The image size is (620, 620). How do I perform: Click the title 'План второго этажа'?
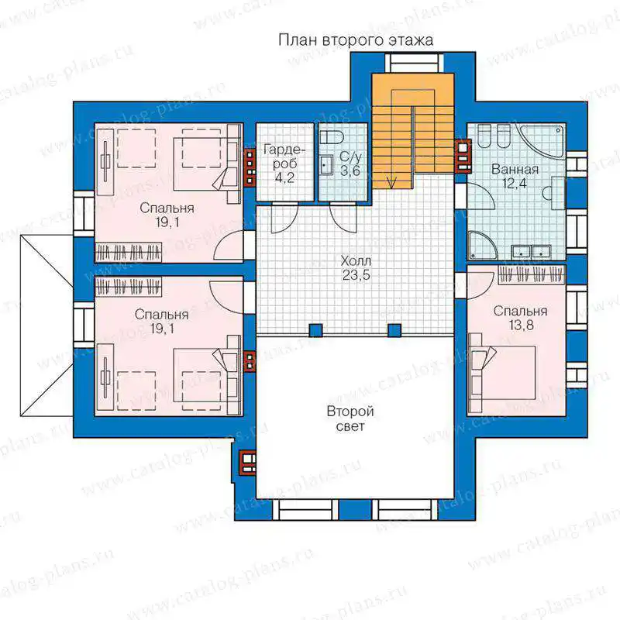pyautogui.click(x=356, y=40)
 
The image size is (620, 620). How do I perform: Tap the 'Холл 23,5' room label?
pyautogui.click(x=356, y=267)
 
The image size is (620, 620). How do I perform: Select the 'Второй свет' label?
pyautogui.click(x=350, y=418)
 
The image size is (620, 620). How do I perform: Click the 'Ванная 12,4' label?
pyautogui.click(x=515, y=176)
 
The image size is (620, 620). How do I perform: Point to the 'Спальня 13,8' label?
pyautogui.click(x=520, y=318)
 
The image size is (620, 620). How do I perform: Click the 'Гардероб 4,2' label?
pyautogui.click(x=284, y=164)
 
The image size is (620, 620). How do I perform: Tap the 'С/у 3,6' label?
pyautogui.click(x=350, y=164)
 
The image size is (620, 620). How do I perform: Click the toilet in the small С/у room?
pyautogui.click(x=332, y=137)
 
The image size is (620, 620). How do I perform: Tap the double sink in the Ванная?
pyautogui.click(x=531, y=251)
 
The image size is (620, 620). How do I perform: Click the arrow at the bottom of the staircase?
pyautogui.click(x=392, y=182)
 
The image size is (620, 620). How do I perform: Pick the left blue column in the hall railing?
pyautogui.click(x=315, y=330)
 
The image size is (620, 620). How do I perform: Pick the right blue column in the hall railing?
pyautogui.click(x=394, y=330)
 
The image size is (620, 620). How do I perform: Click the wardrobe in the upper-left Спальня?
pyautogui.click(x=129, y=253)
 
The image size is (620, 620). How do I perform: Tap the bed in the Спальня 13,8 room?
pyautogui.click(x=501, y=374)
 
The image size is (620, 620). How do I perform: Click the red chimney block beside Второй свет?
pyautogui.click(x=248, y=462)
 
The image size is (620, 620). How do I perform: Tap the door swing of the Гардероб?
pyautogui.click(x=284, y=218)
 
